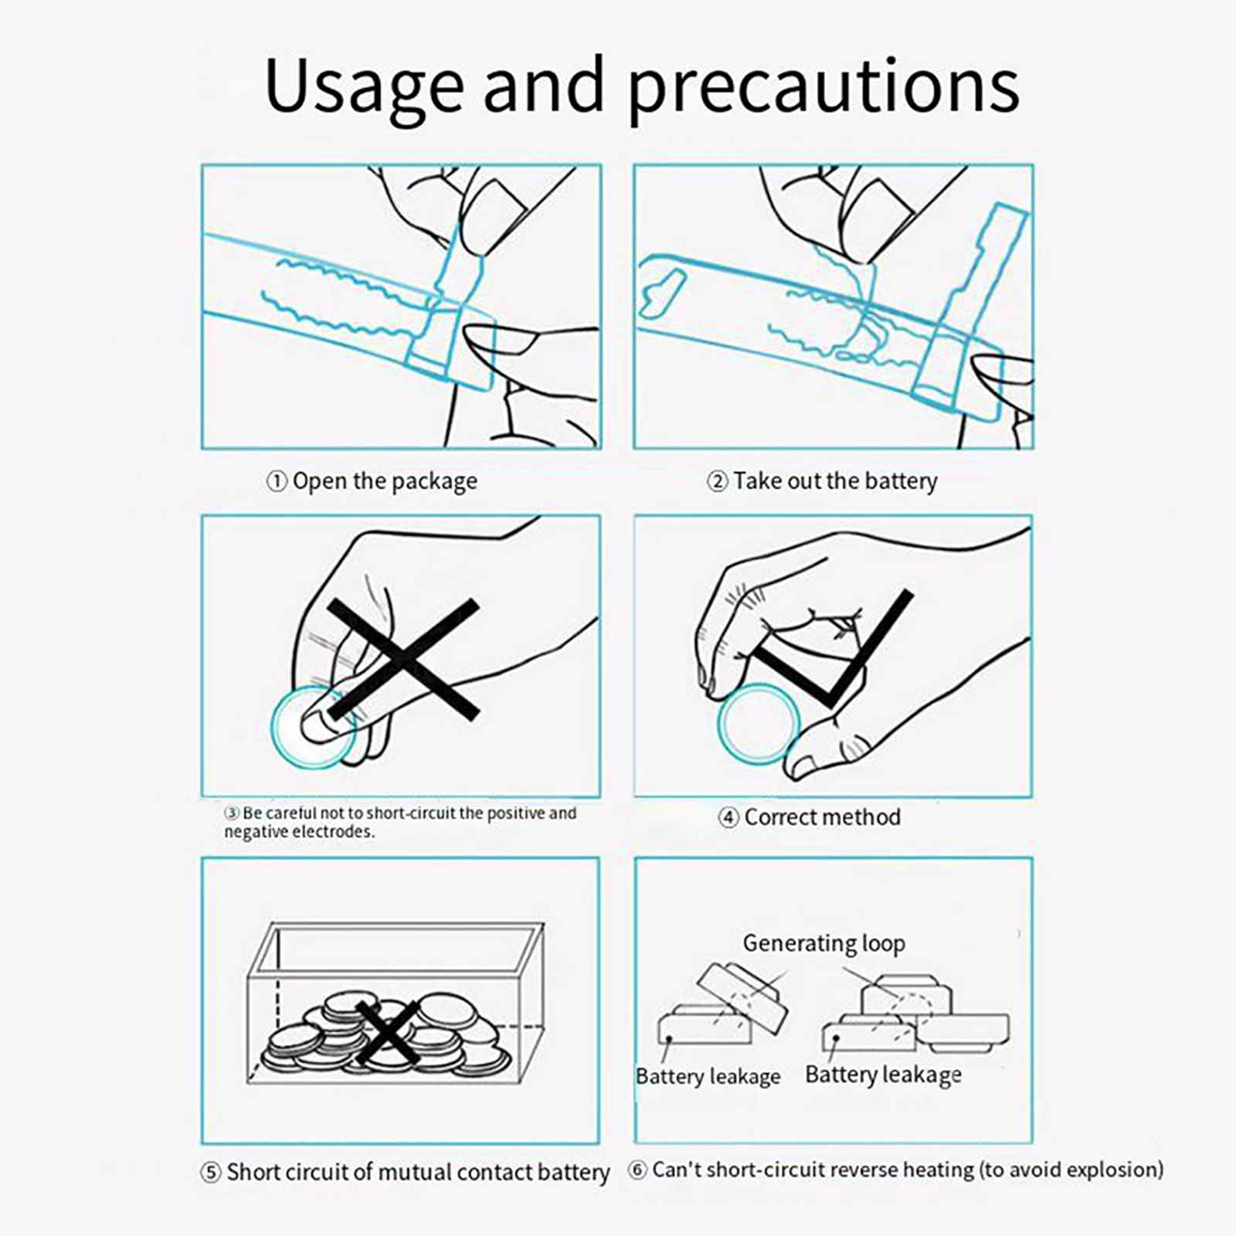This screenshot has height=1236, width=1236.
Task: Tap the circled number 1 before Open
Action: pos(277,481)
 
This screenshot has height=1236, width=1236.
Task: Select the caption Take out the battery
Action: pos(835,481)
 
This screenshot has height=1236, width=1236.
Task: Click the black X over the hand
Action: pos(403,659)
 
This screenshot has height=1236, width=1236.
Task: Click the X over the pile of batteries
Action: pos(388,1033)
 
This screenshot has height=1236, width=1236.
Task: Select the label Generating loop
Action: pos(823,943)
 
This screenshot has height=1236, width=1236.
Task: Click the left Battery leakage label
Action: pos(708,1076)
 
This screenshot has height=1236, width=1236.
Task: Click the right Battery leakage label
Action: pos(883,1075)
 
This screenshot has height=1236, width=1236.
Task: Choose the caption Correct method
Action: pos(822,817)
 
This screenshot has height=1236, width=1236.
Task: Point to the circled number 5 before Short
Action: pos(210,1173)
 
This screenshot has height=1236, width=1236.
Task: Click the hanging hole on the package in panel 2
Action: pos(663,294)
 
